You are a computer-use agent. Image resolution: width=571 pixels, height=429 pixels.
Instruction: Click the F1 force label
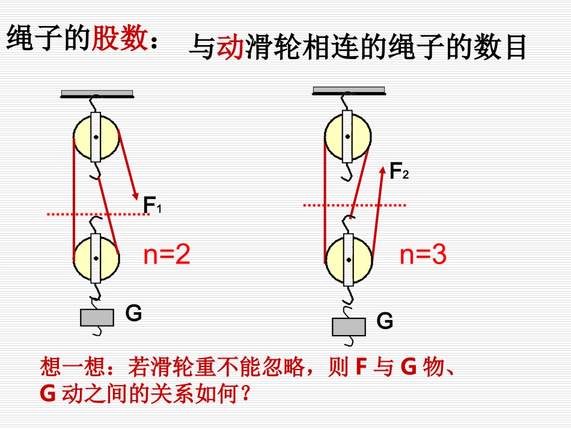[x=152, y=206]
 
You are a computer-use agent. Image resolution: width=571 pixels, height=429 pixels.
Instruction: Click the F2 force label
[x=398, y=172]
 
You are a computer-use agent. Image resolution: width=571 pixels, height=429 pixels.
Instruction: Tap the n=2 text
[x=166, y=256]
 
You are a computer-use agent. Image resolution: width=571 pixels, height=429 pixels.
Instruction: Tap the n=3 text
[x=423, y=256]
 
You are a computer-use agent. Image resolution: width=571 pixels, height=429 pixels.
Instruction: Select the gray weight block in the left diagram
[x=97, y=317]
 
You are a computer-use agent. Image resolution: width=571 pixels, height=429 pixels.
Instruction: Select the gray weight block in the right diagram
[x=349, y=326]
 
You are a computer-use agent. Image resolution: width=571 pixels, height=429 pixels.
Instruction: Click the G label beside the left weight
[x=133, y=313]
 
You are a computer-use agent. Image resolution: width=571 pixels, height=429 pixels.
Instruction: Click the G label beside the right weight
[x=385, y=321]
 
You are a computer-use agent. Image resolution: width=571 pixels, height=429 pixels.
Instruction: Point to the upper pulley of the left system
[x=96, y=137]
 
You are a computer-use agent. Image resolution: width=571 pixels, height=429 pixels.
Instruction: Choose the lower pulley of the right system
[x=348, y=259]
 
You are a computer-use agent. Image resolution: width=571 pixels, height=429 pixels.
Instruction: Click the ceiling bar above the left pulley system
[x=97, y=93]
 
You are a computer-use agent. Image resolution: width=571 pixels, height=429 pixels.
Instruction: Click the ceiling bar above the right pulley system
[x=349, y=90]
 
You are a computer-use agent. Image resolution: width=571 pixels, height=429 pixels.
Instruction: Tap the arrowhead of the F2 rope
[x=382, y=171]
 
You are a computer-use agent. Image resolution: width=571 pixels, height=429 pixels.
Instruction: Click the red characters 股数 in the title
[x=119, y=40]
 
